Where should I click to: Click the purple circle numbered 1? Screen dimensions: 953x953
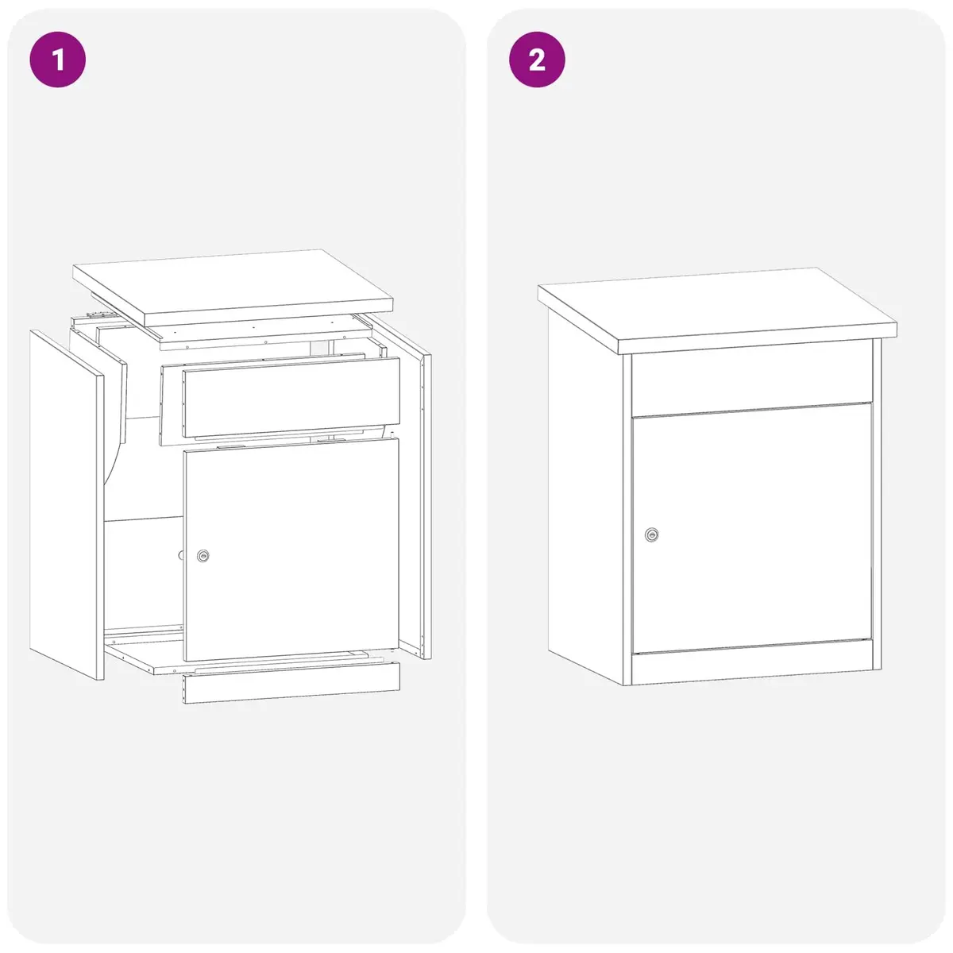pos(57,60)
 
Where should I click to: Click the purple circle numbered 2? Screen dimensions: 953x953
pos(537,60)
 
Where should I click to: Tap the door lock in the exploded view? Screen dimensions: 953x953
pos(203,555)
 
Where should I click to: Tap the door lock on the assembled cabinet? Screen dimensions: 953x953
pos(652,534)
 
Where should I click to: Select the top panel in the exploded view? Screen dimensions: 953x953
pos(233,287)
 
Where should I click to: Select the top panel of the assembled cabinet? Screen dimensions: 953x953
pos(717,310)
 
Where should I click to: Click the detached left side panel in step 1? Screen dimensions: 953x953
pos(67,504)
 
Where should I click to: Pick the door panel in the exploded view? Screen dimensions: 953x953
pos(291,549)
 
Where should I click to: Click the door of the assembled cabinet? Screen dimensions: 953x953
pos(752,528)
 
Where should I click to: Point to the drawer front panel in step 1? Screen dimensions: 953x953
pos(291,397)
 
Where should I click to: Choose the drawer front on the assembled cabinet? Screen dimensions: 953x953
pos(752,378)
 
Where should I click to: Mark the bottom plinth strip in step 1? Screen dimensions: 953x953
pos(291,682)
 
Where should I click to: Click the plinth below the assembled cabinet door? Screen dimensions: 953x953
pos(752,662)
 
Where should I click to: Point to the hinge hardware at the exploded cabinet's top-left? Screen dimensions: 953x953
pos(98,314)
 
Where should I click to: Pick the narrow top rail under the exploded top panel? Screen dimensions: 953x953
pos(264,332)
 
